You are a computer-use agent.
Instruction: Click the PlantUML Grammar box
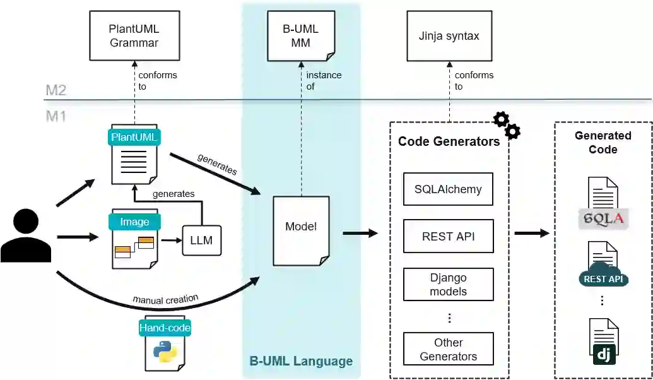[x=134, y=36]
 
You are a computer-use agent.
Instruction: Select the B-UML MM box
[x=301, y=36]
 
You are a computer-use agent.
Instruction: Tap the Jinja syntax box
[x=449, y=36]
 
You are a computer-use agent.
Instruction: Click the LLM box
[x=202, y=240]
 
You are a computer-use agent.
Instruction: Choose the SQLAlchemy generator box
[x=448, y=189]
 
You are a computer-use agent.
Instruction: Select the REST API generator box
[x=448, y=237]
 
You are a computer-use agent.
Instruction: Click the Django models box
[x=448, y=284]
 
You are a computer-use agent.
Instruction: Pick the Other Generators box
[x=448, y=349]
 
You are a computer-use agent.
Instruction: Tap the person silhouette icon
[x=26, y=236]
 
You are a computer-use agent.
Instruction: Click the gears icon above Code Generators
[x=506, y=125]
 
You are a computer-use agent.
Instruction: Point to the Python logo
[x=165, y=350]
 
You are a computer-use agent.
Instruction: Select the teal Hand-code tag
[x=165, y=328]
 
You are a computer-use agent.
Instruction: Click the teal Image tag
[x=134, y=222]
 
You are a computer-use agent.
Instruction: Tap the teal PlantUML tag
[x=134, y=137]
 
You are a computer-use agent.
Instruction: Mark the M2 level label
[x=56, y=90]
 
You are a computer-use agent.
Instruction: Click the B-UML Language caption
[x=301, y=362]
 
